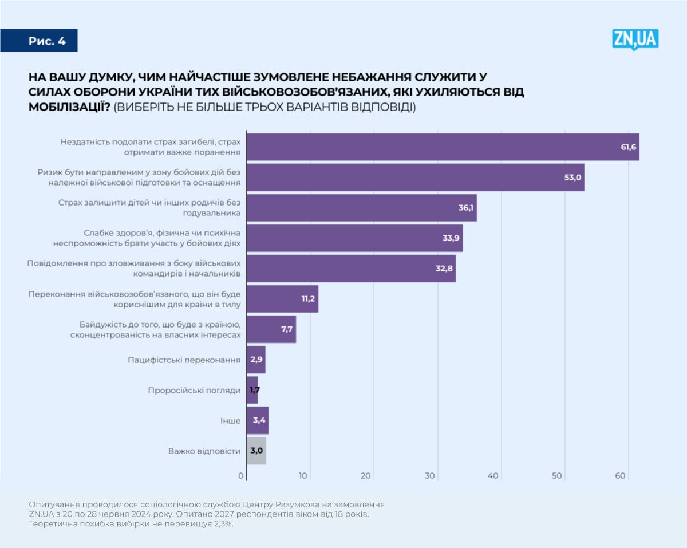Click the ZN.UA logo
635,39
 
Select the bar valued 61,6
443,147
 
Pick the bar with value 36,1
361,208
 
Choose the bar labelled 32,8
351,269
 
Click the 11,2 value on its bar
308,299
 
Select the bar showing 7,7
271,329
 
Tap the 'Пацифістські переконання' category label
184,360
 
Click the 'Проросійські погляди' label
194,390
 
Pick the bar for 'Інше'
258,420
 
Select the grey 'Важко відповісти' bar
256,451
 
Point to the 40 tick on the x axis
493,476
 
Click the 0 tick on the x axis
241,476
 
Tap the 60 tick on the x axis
620,476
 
